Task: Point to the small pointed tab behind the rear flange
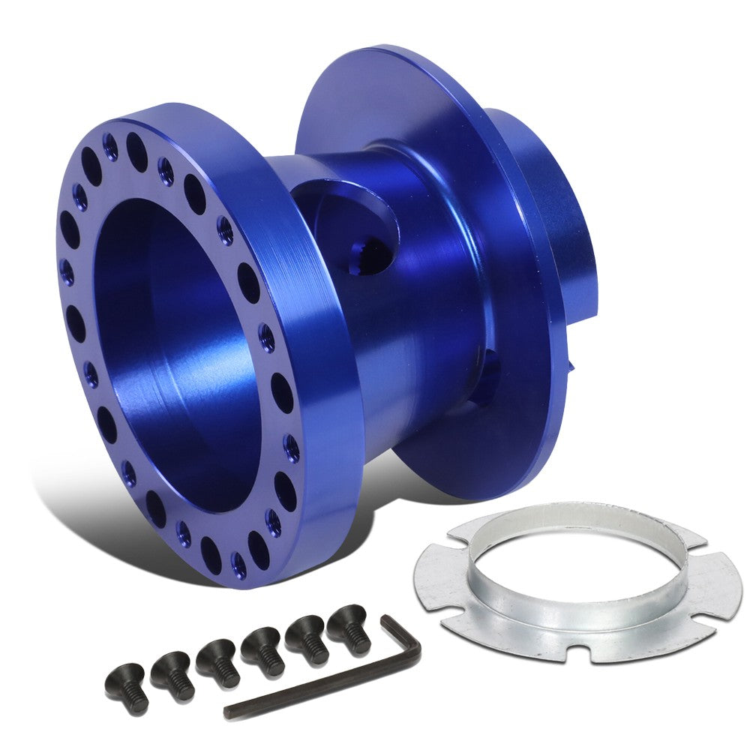574,367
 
